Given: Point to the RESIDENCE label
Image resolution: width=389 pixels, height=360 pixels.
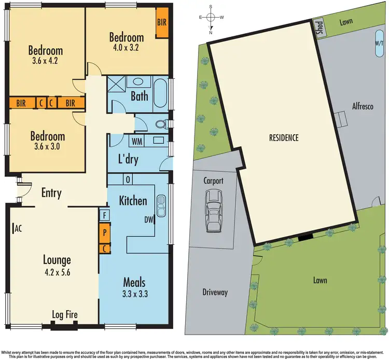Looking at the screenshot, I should point(284,138).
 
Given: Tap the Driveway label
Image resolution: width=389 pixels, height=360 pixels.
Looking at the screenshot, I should point(215,293).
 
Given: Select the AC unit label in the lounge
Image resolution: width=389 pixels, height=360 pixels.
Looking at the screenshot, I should point(17,228).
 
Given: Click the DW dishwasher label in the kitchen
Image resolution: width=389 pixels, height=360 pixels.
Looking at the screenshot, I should point(149,220).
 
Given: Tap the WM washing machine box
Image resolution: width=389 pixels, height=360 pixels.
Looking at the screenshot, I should point(137,141).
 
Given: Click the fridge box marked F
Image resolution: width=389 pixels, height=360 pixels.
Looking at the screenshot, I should point(104,214).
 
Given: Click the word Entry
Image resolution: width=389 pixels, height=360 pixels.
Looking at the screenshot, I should point(51,193).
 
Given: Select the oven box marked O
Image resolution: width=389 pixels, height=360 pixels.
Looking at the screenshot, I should point(127,179).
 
